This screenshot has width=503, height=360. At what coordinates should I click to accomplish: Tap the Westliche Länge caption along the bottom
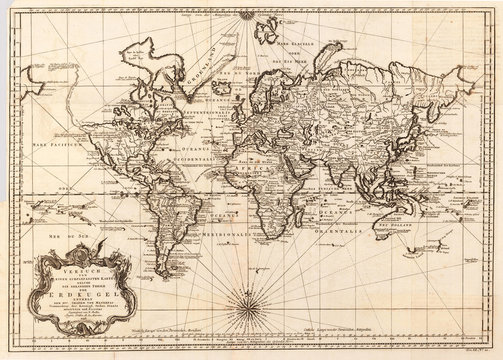207,339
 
